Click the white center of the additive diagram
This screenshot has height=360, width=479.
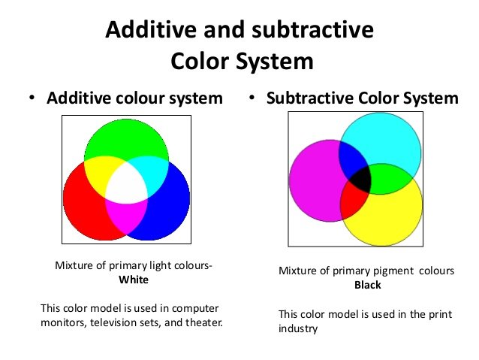coord(126,182)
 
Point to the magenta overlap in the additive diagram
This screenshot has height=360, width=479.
coord(126,214)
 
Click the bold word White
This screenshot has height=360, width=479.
coord(134,280)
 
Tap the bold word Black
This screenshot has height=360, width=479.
coord(367,285)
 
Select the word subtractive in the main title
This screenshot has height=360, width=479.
coord(312,29)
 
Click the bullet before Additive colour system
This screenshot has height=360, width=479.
coord(32,98)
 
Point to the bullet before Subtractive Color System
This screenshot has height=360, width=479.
coord(252,98)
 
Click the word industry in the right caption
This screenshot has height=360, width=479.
coord(298,328)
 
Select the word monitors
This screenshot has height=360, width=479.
coord(63,322)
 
